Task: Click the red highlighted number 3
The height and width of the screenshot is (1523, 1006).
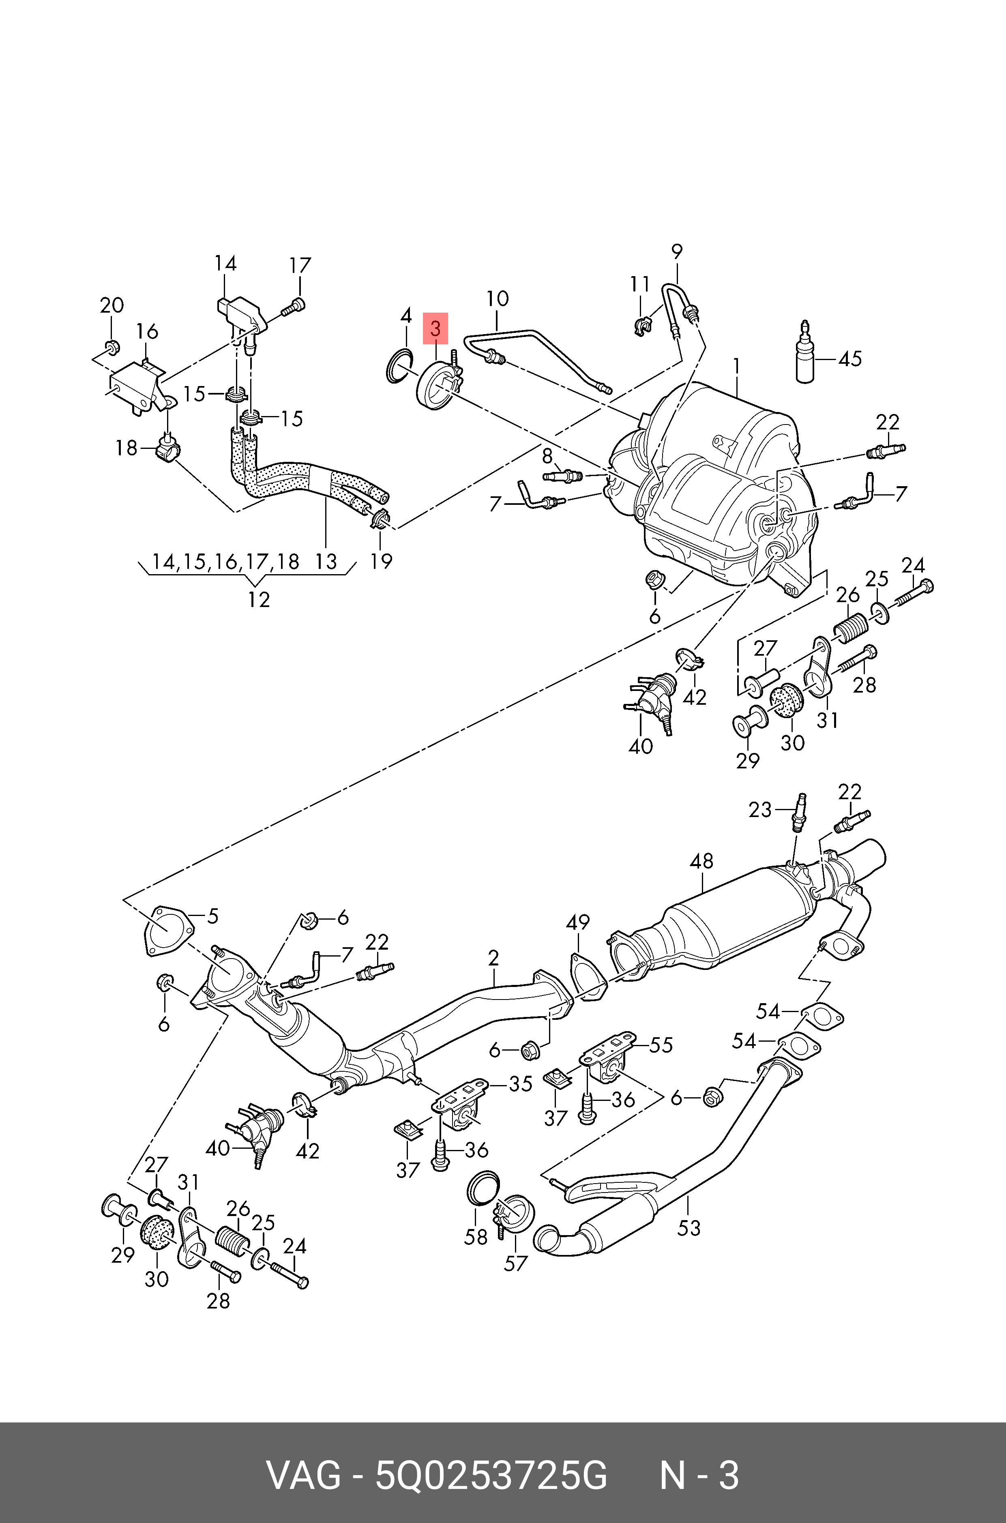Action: click(x=435, y=329)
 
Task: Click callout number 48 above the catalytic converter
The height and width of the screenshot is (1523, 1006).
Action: click(x=701, y=861)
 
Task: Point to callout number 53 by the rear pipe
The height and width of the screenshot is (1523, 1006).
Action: click(x=689, y=1228)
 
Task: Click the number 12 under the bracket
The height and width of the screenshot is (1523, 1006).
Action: click(x=259, y=600)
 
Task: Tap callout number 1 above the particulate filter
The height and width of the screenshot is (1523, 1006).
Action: click(x=737, y=366)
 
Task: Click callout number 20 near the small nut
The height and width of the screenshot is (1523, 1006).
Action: click(x=112, y=305)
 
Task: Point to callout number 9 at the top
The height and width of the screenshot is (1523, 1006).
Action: click(x=676, y=251)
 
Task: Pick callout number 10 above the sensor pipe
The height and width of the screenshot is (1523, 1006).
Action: click(x=497, y=298)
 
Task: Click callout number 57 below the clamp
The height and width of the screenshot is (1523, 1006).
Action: click(x=515, y=1263)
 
